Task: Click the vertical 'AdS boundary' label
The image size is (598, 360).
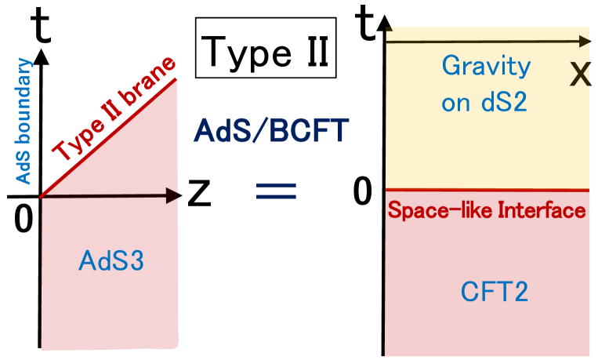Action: (24, 122)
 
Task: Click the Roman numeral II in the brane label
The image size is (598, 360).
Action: (110, 115)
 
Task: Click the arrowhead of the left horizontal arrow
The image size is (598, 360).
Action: (174, 196)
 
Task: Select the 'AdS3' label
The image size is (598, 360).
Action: (111, 260)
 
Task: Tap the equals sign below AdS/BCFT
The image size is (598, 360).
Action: (276, 191)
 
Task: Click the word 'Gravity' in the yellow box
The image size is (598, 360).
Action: (486, 66)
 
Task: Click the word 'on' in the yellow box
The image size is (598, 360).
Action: (456, 104)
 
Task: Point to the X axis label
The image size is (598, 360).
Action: (580, 75)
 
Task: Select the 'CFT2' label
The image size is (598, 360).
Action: (494, 292)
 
